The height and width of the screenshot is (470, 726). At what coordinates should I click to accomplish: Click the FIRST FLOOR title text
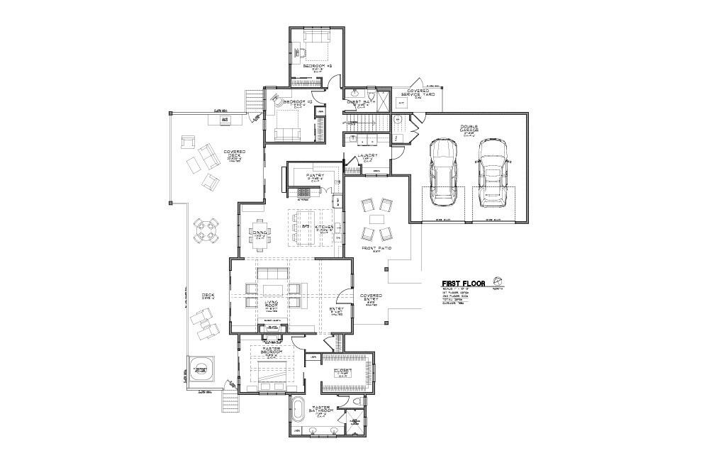[x=464, y=284]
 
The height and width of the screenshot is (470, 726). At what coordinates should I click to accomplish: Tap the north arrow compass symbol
[x=498, y=279]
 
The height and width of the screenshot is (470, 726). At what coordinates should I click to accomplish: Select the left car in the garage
[x=442, y=171]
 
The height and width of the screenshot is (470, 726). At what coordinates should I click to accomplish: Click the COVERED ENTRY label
[x=371, y=298]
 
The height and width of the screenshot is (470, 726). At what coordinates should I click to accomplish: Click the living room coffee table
[x=274, y=288]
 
